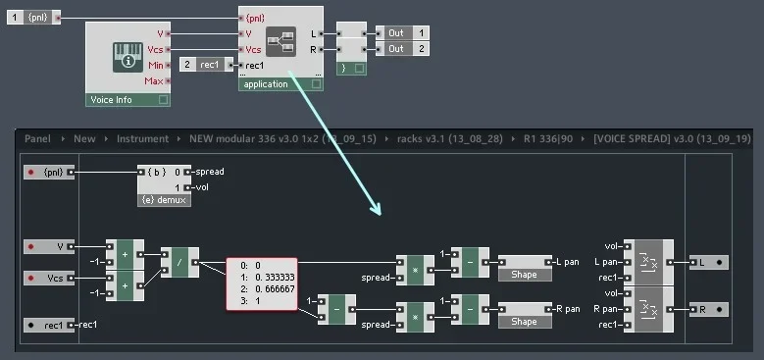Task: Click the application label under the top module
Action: [x=266, y=84]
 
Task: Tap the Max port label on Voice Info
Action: [x=154, y=80]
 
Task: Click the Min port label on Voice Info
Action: [x=154, y=65]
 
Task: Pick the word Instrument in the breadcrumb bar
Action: [x=142, y=139]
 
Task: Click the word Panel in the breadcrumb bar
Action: [x=37, y=139]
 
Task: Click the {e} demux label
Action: [x=165, y=199]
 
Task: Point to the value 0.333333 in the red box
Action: [x=267, y=278]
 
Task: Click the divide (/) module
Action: [x=179, y=262]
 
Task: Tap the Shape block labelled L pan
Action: [x=524, y=275]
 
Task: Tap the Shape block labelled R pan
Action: [x=524, y=322]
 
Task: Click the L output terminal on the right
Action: [x=707, y=263]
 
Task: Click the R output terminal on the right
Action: [x=707, y=310]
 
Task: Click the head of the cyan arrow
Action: [x=375, y=208]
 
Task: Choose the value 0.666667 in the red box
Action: [x=267, y=290]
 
